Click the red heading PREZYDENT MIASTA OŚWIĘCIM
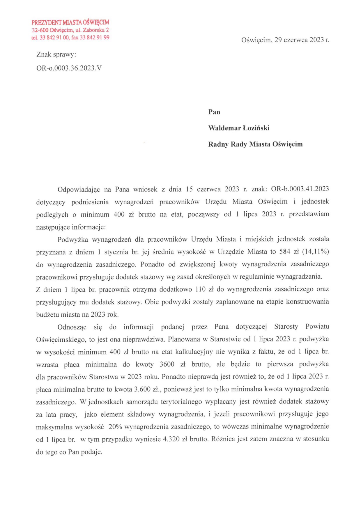(70, 22)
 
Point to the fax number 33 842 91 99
(95, 38)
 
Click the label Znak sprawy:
(56, 54)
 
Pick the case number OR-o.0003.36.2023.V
(69, 68)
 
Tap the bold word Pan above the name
(214, 112)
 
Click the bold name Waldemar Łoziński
(239, 128)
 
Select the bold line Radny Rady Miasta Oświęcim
(255, 144)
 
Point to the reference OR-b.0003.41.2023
(300, 189)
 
